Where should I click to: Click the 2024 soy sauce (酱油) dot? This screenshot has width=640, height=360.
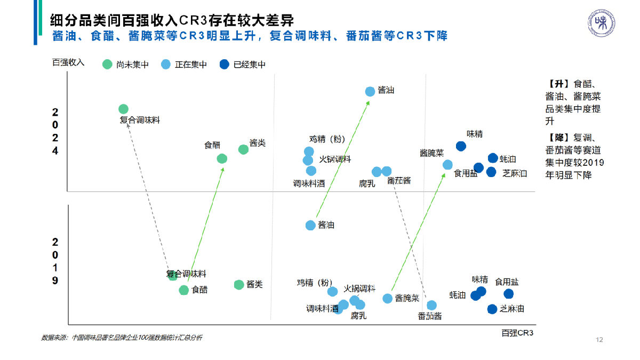tap(370, 92)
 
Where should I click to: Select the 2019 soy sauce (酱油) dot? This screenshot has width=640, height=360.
tap(310, 225)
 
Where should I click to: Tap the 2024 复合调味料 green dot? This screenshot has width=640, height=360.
tap(123, 109)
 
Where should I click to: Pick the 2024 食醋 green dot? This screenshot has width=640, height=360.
tap(222, 158)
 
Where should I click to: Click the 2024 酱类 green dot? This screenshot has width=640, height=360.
tap(243, 149)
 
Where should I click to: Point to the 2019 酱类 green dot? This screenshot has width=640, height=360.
tap(239, 285)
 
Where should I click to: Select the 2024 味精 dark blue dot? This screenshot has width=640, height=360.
tap(461, 146)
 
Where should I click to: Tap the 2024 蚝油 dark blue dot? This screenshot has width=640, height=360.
tap(493, 158)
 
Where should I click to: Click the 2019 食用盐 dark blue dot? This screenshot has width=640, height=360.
tap(508, 294)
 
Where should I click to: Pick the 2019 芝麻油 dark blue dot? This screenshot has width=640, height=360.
tap(492, 309)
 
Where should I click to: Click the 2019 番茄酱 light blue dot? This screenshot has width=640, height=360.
tap(432, 305)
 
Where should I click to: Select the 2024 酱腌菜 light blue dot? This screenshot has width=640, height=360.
tap(447, 165)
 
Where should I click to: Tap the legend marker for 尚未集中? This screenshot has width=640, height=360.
tap(107, 65)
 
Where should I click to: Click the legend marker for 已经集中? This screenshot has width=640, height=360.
tap(224, 65)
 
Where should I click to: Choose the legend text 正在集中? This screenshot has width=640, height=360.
tap(190, 65)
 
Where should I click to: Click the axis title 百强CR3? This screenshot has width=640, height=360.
tap(517, 333)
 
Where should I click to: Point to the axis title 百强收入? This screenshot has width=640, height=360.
tap(68, 62)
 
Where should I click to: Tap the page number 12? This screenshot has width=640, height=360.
tap(599, 340)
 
